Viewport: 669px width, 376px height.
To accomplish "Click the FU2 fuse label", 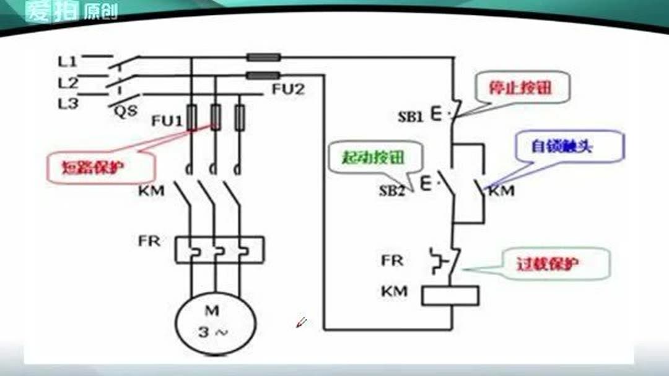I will [288, 90].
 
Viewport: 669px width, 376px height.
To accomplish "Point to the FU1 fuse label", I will [167, 121].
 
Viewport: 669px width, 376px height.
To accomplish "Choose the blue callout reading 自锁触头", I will [562, 146].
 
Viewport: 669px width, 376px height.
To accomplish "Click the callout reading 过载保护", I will [548, 264].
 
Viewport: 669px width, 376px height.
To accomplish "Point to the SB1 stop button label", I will [410, 116].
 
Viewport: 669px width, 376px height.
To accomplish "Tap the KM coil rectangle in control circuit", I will [450, 295].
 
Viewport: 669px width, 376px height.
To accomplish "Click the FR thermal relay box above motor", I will [219, 249].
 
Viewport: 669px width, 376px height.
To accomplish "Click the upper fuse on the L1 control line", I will [263, 58].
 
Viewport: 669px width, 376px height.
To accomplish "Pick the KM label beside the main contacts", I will [151, 190].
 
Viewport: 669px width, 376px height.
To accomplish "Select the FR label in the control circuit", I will [391, 260].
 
